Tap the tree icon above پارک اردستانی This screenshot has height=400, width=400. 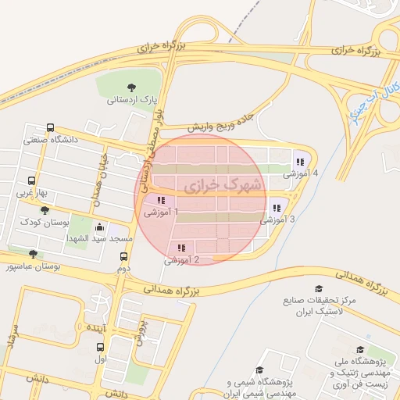130,87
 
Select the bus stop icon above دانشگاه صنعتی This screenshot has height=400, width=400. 51,128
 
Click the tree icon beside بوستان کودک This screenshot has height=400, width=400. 45,210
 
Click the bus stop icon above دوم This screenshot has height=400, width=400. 123,256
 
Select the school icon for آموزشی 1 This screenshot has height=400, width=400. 161,201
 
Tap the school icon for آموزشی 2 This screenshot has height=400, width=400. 181,248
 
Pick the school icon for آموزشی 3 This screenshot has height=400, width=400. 277,209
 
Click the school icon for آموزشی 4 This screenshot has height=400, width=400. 299,162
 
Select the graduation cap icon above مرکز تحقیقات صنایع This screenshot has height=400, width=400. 317,288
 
